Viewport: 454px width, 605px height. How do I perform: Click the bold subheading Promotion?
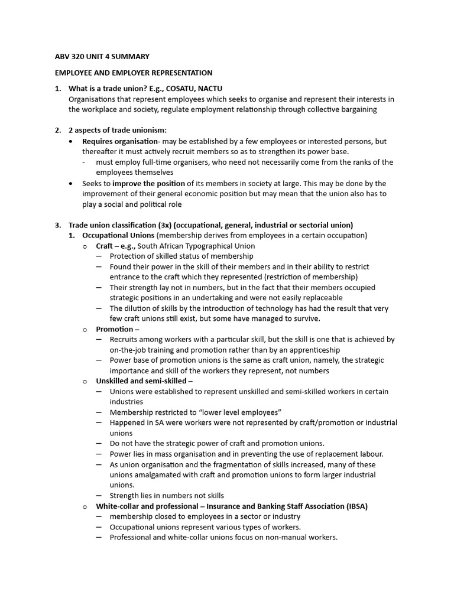(x=115, y=329)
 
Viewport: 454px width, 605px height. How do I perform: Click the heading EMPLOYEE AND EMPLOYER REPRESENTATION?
(x=134, y=73)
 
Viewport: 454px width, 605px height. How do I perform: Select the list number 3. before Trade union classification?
(x=58, y=225)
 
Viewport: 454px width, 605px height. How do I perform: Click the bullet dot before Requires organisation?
(x=72, y=142)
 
